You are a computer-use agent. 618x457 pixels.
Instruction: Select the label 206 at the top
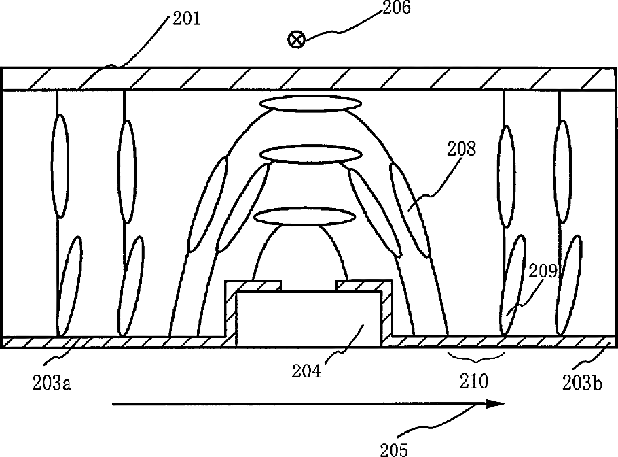click(397, 10)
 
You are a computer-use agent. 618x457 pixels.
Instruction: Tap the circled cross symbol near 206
click(296, 39)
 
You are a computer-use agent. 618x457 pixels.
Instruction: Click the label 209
click(543, 273)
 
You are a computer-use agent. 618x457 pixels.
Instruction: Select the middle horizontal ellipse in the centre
click(310, 154)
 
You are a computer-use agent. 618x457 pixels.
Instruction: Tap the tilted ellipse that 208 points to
click(410, 210)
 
